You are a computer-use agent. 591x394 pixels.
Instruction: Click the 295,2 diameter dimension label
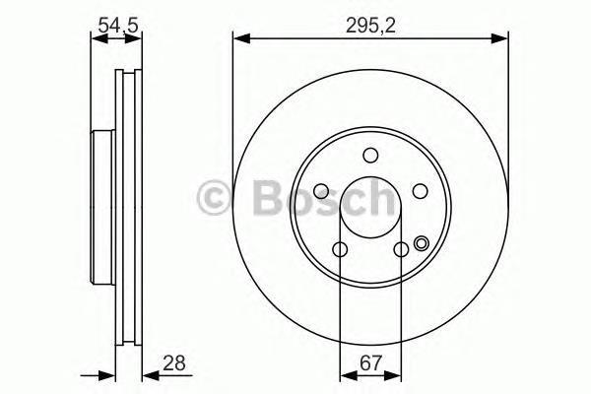point(370,26)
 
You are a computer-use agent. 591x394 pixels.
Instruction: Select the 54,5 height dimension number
point(118,26)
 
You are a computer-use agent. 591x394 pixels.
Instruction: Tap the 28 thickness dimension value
point(174,363)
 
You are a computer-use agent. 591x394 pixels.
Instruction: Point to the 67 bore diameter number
point(371,363)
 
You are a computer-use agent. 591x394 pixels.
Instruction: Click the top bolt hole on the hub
point(370,155)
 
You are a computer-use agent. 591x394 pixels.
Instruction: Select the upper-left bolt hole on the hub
point(321,191)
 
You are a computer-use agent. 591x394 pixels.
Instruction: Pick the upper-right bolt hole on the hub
point(420,191)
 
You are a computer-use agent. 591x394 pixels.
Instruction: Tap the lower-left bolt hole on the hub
point(340,249)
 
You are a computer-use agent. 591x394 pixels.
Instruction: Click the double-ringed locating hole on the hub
point(421,243)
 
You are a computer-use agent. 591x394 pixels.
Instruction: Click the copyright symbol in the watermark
point(214,197)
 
